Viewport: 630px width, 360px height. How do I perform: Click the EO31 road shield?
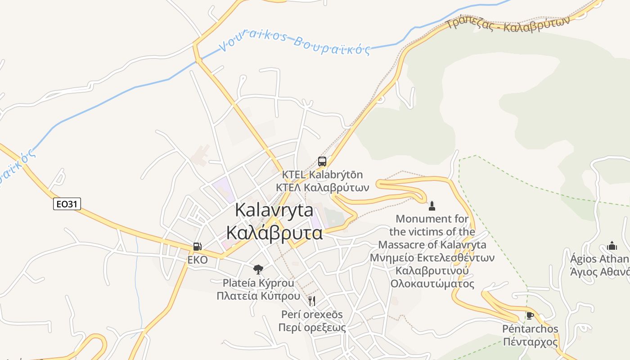67,204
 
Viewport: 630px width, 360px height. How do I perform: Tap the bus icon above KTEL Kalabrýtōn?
322,161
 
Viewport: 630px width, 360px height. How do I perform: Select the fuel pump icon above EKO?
197,247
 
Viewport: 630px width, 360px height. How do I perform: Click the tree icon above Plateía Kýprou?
258,270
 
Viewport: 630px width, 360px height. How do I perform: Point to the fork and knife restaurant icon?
312,301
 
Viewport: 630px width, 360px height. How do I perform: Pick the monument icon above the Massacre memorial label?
432,206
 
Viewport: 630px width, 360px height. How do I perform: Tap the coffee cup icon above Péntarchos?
530,315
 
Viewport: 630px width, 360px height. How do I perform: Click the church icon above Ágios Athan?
612,246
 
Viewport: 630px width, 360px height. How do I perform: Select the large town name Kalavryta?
274,210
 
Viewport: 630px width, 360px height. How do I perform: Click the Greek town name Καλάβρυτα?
274,233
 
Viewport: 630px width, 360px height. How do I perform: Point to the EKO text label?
198,260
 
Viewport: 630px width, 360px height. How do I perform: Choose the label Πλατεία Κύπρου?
258,296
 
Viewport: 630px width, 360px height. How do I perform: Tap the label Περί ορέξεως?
312,327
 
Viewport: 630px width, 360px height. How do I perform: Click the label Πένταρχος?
530,342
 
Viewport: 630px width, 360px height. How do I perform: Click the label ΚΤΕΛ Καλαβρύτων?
322,187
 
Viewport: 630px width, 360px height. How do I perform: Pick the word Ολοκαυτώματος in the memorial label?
432,284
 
